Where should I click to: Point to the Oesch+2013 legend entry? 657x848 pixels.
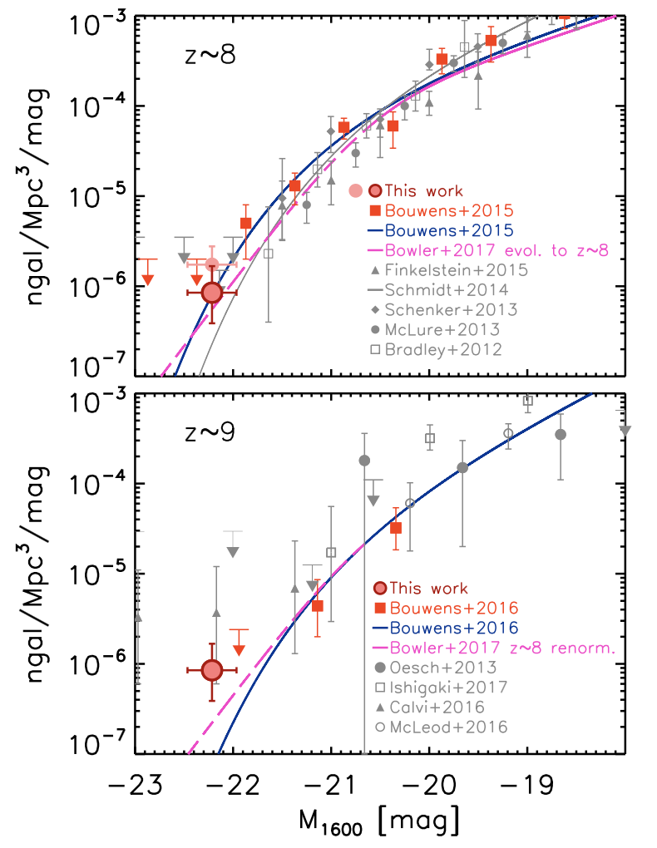pos(441,667)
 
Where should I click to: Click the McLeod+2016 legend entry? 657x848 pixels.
pos(441,728)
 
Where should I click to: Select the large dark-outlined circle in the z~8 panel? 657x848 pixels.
pos(212,292)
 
